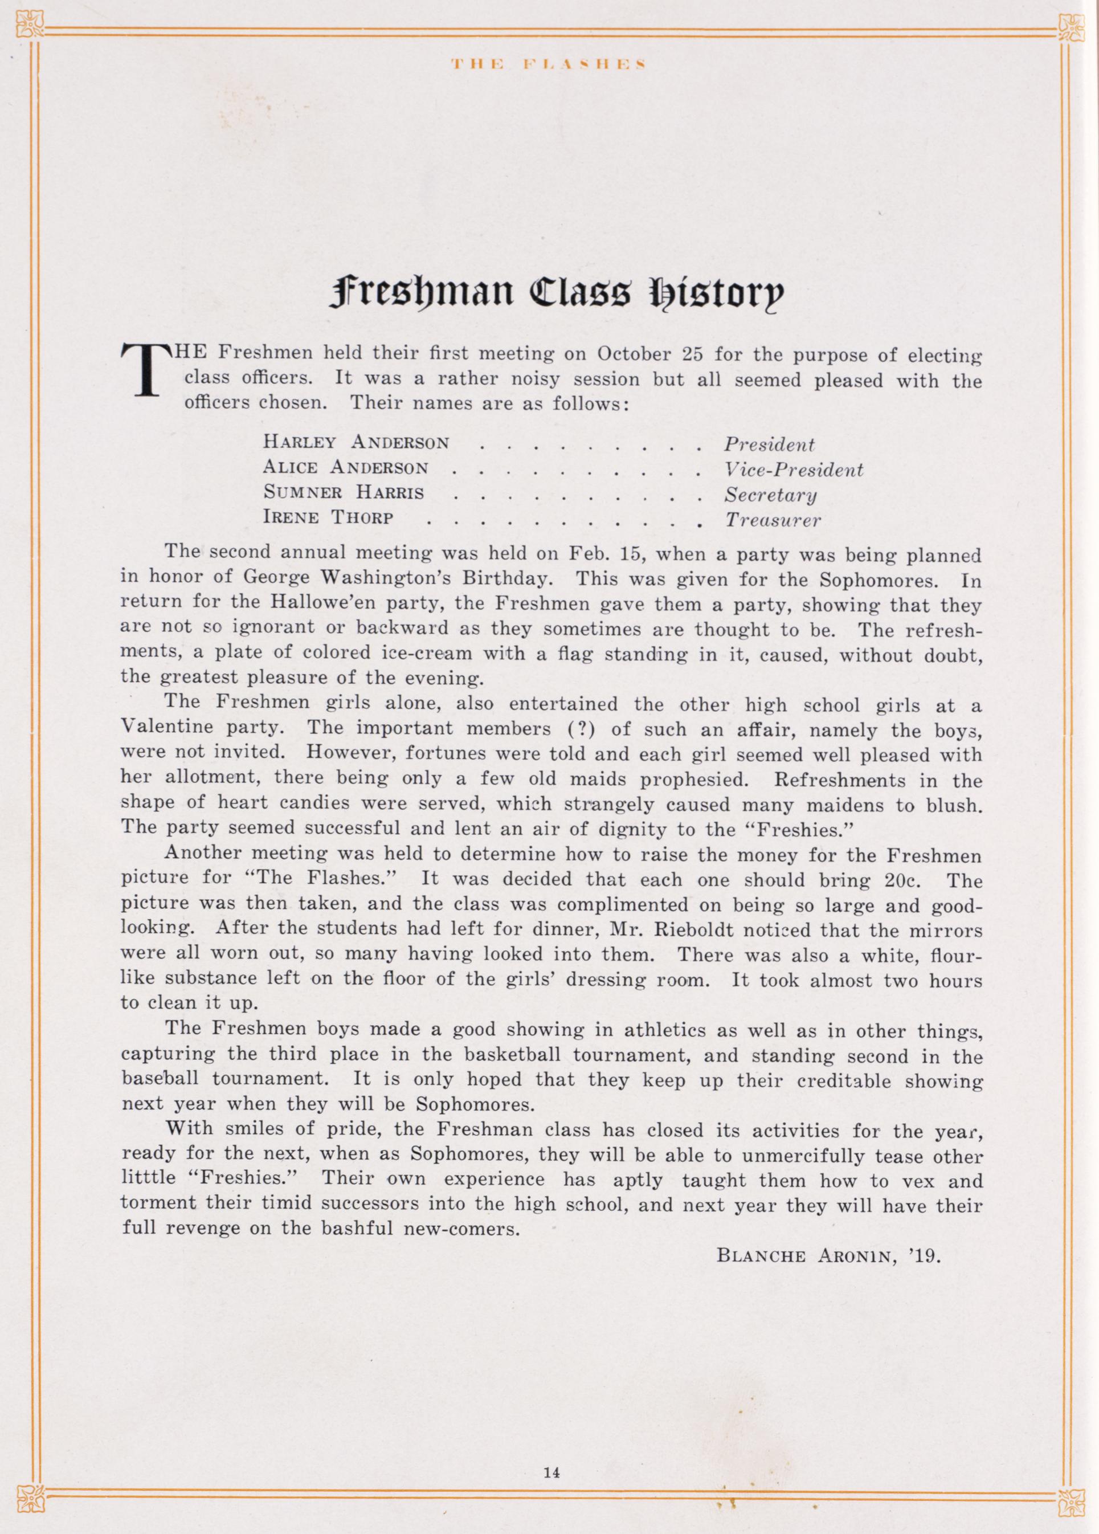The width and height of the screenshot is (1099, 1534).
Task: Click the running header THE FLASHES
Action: tap(549, 65)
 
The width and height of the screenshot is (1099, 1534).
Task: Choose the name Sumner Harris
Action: tap(344, 493)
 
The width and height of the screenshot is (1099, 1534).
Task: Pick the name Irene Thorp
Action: tap(328, 519)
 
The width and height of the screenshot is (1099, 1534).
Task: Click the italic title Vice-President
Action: tap(793, 470)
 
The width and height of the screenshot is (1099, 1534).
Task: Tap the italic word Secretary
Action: tap(770, 495)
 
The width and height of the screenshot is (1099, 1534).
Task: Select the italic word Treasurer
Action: tap(773, 520)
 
